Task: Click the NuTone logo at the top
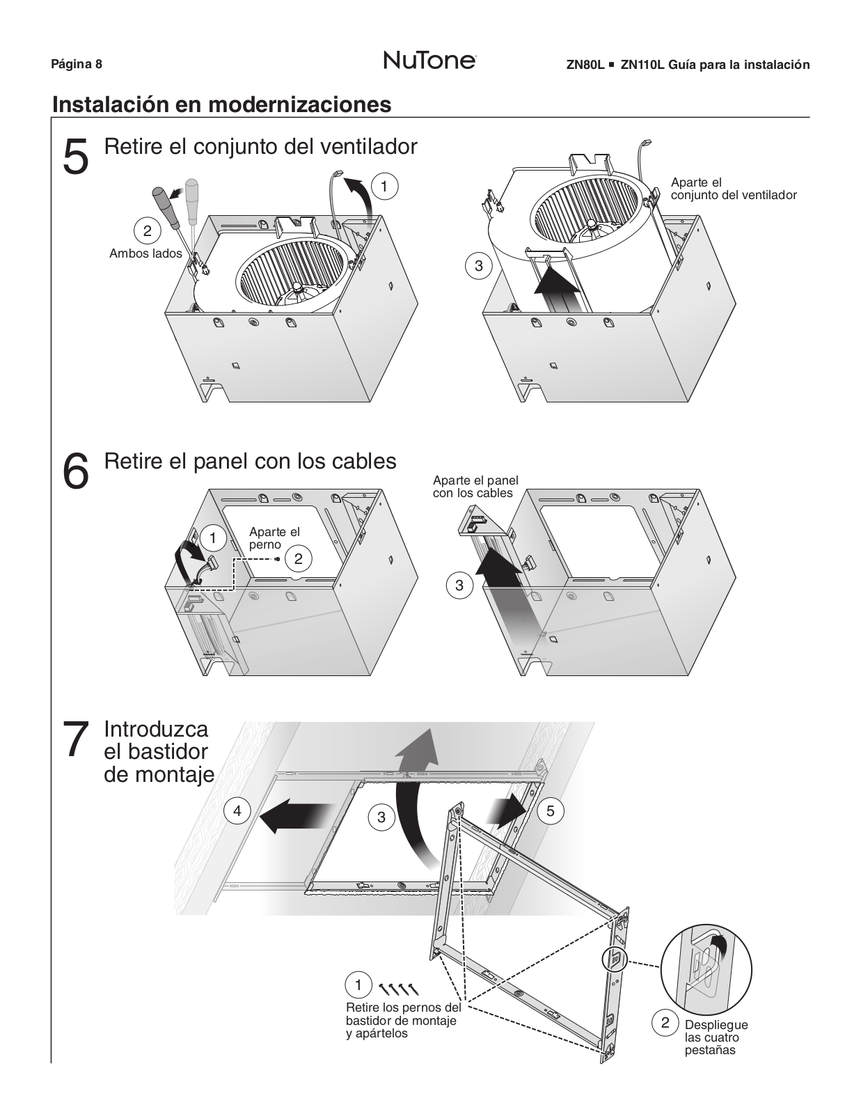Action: (x=429, y=61)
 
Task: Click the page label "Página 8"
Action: (x=77, y=65)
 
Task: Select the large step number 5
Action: (x=76, y=157)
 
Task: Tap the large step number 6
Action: (x=76, y=471)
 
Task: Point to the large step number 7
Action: (x=76, y=739)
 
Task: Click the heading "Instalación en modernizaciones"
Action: (x=221, y=104)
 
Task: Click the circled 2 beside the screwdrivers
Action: (x=147, y=231)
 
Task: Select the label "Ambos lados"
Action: (x=145, y=253)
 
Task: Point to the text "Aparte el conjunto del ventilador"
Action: (x=733, y=189)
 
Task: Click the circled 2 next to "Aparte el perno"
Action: (x=299, y=558)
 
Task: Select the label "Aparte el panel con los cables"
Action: (x=475, y=487)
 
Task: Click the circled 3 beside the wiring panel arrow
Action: (x=459, y=586)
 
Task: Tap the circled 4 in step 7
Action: (x=237, y=811)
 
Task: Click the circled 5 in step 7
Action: (x=551, y=811)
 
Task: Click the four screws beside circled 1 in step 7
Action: (x=399, y=987)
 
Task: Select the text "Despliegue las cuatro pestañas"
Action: (x=716, y=1037)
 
